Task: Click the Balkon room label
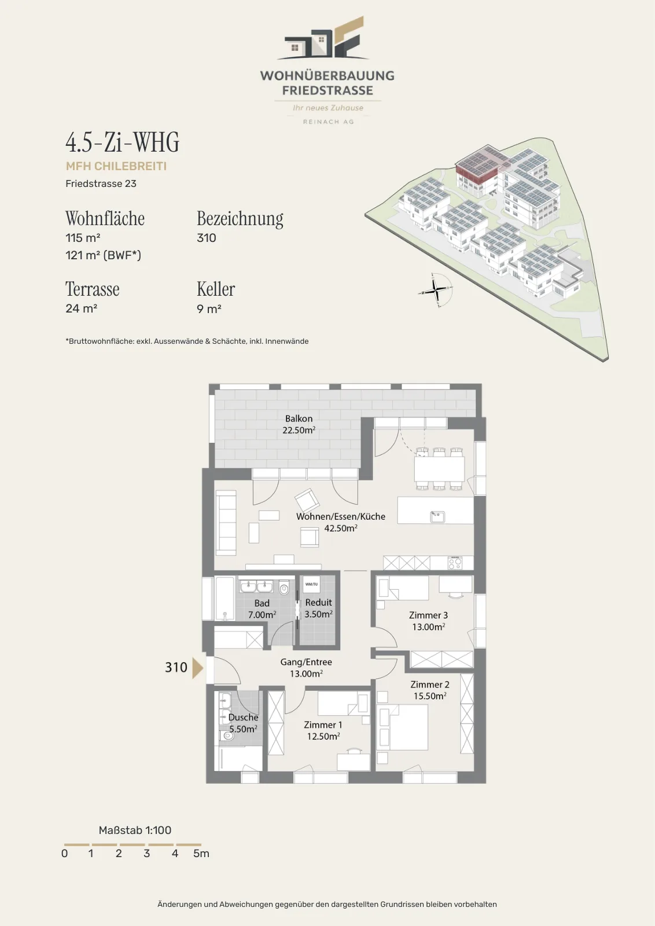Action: (299, 419)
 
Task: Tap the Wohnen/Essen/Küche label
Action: (341, 516)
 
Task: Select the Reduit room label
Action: (318, 602)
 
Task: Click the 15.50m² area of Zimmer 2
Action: (430, 696)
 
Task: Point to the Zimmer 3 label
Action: (429, 615)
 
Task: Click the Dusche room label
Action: (244, 717)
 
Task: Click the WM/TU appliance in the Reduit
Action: (312, 584)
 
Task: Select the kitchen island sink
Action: (437, 517)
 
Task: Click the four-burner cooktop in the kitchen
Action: (455, 563)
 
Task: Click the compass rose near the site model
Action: (436, 290)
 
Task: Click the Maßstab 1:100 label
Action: (135, 830)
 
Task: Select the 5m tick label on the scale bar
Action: (201, 853)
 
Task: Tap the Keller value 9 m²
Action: (209, 309)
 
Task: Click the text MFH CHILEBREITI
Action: (116, 166)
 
